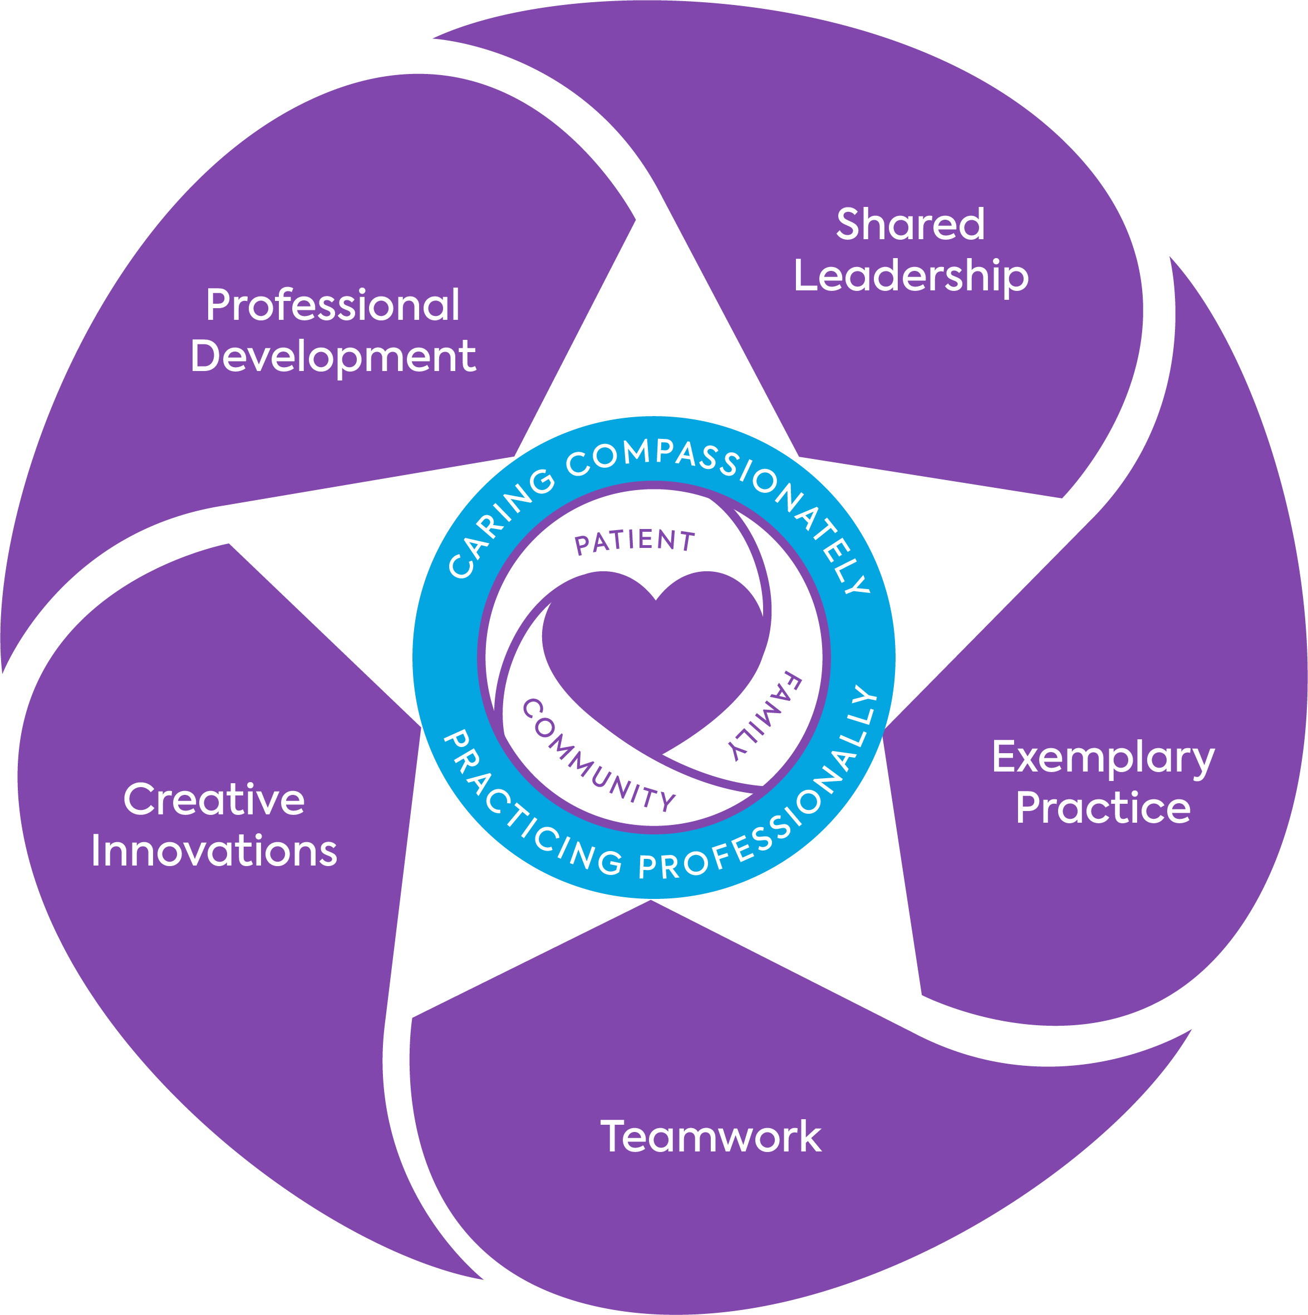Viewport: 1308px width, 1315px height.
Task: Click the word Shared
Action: pyautogui.click(x=911, y=225)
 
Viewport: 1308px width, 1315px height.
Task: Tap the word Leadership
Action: pyautogui.click(x=911, y=276)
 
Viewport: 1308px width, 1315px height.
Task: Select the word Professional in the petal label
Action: pyautogui.click(x=333, y=305)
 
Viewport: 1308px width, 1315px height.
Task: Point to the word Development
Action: pyautogui.click(x=333, y=357)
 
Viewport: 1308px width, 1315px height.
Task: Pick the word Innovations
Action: pyautogui.click(x=214, y=851)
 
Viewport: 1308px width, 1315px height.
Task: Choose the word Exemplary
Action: pyautogui.click(x=1103, y=758)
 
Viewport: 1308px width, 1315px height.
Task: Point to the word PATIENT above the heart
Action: pyautogui.click(x=635, y=542)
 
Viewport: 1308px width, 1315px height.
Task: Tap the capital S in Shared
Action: pyautogui.click(x=849, y=225)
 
